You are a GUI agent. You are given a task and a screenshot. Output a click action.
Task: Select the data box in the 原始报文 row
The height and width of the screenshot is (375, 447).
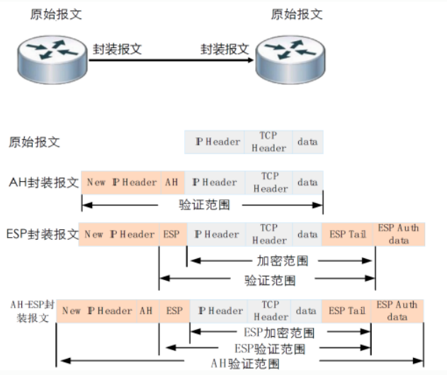coord(307,142)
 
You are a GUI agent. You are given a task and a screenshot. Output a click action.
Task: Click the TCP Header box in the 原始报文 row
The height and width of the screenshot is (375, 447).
coord(269,142)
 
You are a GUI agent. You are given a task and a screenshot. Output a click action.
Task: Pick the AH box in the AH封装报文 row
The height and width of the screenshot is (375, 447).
coord(172,183)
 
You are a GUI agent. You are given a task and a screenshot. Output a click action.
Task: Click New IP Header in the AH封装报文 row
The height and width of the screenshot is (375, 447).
coord(121,183)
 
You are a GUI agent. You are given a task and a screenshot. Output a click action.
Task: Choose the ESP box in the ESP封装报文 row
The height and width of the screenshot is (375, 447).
coord(172,234)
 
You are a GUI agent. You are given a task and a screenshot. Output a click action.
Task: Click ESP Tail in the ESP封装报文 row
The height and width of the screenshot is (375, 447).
coord(348,234)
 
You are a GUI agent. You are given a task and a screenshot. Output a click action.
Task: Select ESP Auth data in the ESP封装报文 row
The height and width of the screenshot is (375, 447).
coord(399,234)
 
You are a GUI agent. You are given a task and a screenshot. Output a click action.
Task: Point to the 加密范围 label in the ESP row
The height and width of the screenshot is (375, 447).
coord(282,261)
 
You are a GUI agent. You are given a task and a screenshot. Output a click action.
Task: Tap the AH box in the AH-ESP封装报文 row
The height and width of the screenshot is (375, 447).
coord(147,311)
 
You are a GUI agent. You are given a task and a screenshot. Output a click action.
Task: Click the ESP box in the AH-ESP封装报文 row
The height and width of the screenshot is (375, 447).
coord(174,311)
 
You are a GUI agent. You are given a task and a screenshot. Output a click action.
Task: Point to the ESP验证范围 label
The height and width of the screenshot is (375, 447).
coord(270,349)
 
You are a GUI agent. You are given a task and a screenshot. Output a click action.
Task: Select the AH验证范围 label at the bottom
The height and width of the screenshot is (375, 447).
coord(245,364)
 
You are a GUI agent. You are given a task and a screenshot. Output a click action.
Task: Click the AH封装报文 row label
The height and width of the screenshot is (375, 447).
coord(44,183)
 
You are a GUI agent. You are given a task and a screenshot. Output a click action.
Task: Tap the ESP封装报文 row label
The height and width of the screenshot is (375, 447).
coord(43,234)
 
